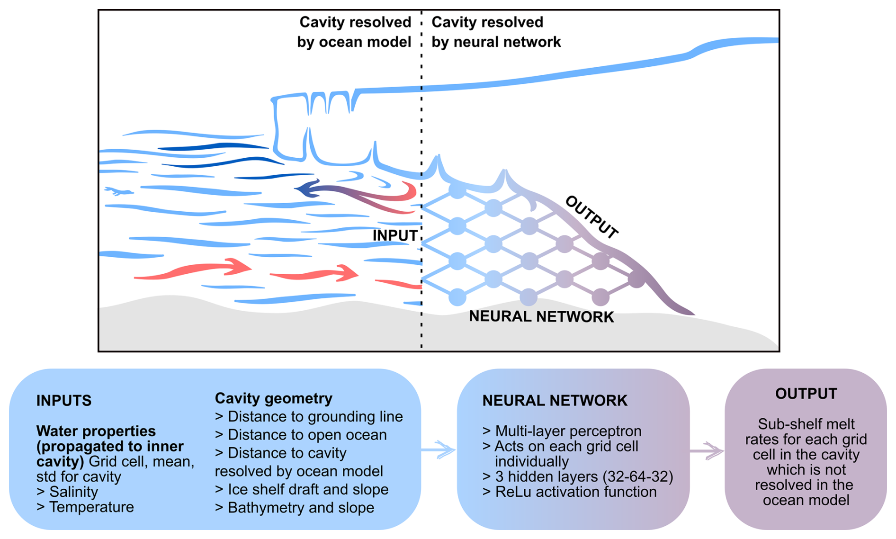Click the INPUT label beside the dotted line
pyautogui.click(x=395, y=235)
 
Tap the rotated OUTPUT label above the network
pyautogui.click(x=592, y=217)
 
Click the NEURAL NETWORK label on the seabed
pyautogui.click(x=541, y=316)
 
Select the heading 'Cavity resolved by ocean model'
pyautogui.click(x=354, y=32)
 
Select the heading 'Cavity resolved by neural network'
pyautogui.click(x=496, y=32)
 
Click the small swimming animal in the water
pyautogui.click(x=118, y=191)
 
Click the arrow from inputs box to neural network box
pyautogui.click(x=438, y=449)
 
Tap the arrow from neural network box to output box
pyautogui.click(x=707, y=450)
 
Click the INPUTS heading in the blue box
pyautogui.click(x=64, y=401)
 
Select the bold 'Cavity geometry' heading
pyautogui.click(x=274, y=398)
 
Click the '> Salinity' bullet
pyautogui.click(x=67, y=492)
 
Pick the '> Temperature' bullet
pyautogui.click(x=85, y=507)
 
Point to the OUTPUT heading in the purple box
pyautogui.click(x=806, y=394)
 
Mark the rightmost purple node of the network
pyautogui.click(x=637, y=279)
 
